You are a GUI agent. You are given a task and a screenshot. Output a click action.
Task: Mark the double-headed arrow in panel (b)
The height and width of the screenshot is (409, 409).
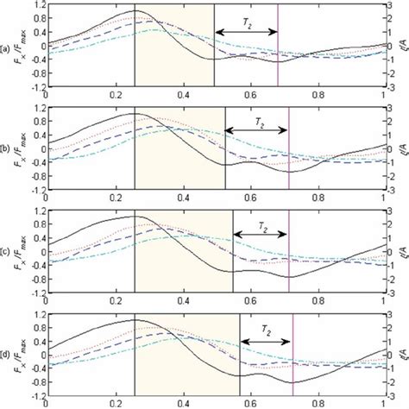point(256,130)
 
